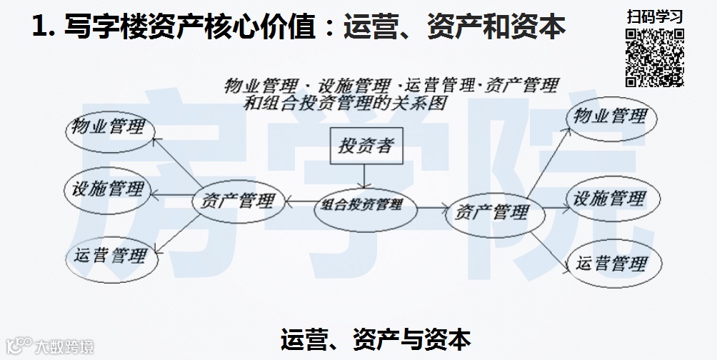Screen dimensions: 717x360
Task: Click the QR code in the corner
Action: [x=655, y=57]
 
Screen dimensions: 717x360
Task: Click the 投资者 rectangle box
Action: [x=365, y=146]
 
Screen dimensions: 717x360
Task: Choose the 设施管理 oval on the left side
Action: [x=108, y=189]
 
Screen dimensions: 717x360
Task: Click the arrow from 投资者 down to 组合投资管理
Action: [x=365, y=176]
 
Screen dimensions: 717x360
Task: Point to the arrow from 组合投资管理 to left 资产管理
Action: [x=300, y=203]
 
